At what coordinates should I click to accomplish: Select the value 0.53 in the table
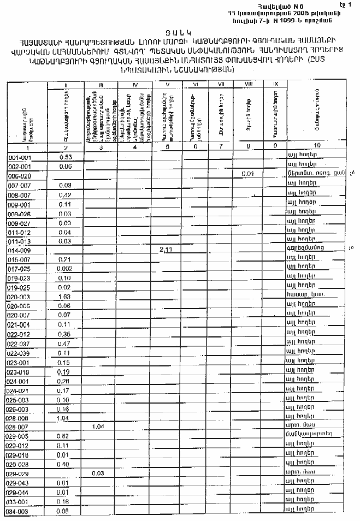click(x=66, y=156)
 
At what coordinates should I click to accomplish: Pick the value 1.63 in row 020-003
click(x=65, y=297)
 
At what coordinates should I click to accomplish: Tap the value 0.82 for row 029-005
click(x=65, y=436)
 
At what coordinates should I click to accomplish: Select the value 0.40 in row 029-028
click(x=65, y=464)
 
